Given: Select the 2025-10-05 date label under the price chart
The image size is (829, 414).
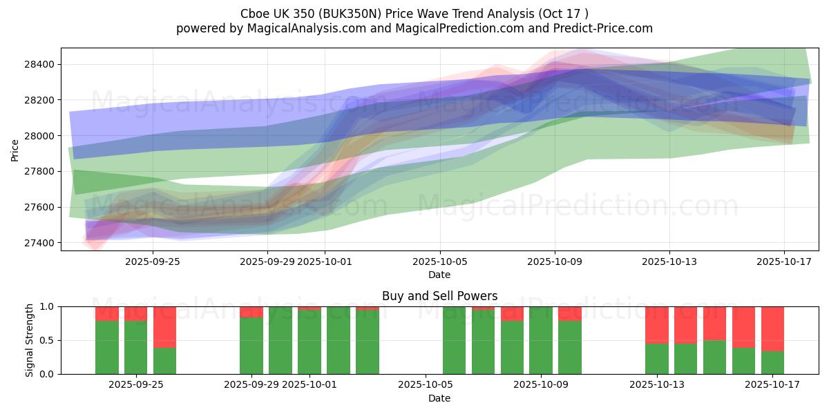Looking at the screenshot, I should coord(439,262).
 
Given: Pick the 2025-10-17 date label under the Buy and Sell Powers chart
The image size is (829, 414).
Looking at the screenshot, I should coord(772,385).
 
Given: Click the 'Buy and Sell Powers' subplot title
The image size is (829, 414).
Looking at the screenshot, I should coord(439,296).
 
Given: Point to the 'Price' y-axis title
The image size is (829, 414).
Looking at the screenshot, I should coord(15,150).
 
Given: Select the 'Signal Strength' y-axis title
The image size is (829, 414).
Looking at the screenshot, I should coord(29,340).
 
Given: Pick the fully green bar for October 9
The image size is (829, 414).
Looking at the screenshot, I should coord(541,340).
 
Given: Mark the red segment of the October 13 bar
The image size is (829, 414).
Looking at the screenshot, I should coord(657,324).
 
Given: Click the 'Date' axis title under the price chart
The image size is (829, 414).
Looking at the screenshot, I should coord(439,275).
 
